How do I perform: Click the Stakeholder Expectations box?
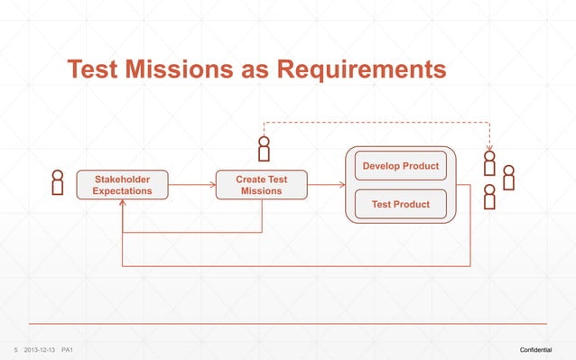pyautogui.click(x=122, y=185)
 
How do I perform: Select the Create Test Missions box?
pyautogui.click(x=262, y=185)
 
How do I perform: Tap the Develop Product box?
pyautogui.click(x=401, y=166)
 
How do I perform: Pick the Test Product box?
pyautogui.click(x=401, y=205)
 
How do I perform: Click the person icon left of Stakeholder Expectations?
pyautogui.click(x=58, y=182)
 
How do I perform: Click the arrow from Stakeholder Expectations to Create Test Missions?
pyautogui.click(x=191, y=185)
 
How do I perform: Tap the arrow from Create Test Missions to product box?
pyautogui.click(x=327, y=185)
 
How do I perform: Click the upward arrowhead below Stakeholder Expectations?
pyautogui.click(x=122, y=204)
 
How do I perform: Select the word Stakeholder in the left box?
pyautogui.click(x=122, y=180)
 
